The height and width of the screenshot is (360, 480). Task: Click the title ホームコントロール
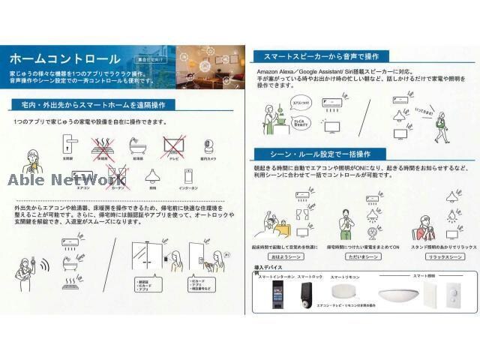click(65, 58)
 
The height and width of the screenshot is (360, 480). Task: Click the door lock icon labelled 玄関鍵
click(68, 145)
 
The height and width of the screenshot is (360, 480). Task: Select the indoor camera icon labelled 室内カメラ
click(209, 146)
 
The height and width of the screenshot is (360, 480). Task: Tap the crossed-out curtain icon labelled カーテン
click(117, 177)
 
